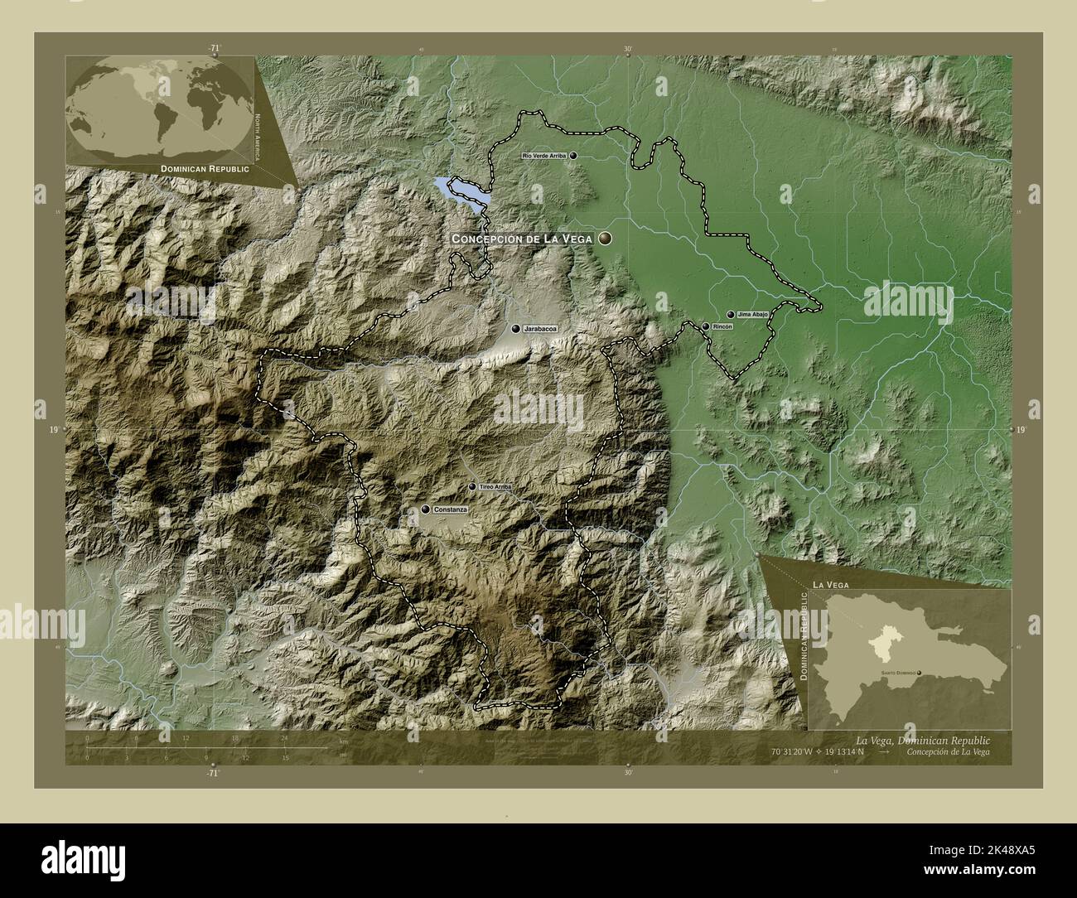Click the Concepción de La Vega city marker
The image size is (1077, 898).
click(606, 239)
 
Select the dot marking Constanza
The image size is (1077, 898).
click(425, 509)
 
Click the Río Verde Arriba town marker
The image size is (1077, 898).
click(572, 155)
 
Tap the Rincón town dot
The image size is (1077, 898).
click(705, 326)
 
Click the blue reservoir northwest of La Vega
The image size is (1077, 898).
click(460, 191)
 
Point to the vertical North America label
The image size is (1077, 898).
click(258, 138)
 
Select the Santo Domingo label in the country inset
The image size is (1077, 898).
click(896, 673)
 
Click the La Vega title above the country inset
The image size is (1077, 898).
click(832, 585)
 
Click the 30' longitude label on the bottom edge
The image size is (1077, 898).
click(628, 772)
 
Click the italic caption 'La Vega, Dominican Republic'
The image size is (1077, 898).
click(922, 738)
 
